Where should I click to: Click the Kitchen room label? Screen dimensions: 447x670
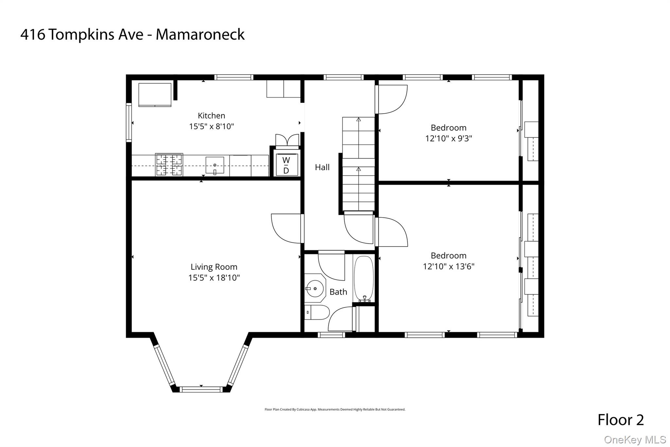[x=211, y=116]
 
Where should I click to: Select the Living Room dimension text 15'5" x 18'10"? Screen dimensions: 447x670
[x=214, y=278]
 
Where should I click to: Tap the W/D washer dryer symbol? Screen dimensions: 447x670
[x=286, y=165]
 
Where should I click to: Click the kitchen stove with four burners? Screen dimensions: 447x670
[x=169, y=165]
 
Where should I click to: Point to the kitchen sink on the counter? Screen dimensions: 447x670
[x=215, y=165]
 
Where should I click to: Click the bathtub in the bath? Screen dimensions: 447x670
[x=363, y=279]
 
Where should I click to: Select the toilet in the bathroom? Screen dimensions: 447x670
[x=317, y=312]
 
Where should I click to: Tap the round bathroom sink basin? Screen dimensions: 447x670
[x=315, y=289]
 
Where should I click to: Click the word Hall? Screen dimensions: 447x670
[x=322, y=167]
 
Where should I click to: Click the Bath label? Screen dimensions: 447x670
[x=338, y=292]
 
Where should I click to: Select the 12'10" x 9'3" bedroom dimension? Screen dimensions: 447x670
[x=449, y=139]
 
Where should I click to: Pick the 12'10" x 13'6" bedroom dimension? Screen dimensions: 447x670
[x=449, y=266]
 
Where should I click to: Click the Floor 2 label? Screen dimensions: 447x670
[x=621, y=420]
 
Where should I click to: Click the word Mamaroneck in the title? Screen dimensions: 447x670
[x=200, y=35]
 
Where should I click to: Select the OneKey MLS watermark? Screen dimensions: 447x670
[x=635, y=439]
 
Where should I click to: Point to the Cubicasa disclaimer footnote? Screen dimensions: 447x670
[x=335, y=409]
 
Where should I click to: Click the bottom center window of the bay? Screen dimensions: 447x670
[x=201, y=389]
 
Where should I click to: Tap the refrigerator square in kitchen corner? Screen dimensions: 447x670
[x=155, y=95]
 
